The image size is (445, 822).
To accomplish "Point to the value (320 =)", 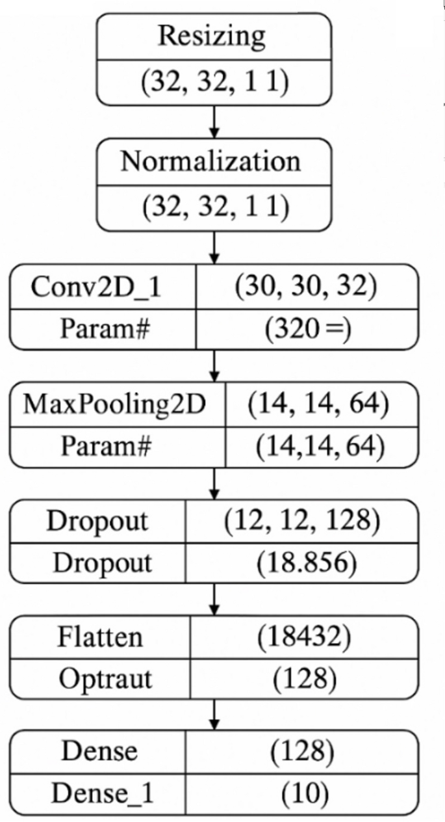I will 307,330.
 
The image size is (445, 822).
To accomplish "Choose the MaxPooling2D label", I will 114,404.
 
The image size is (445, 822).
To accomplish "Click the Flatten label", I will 100,637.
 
